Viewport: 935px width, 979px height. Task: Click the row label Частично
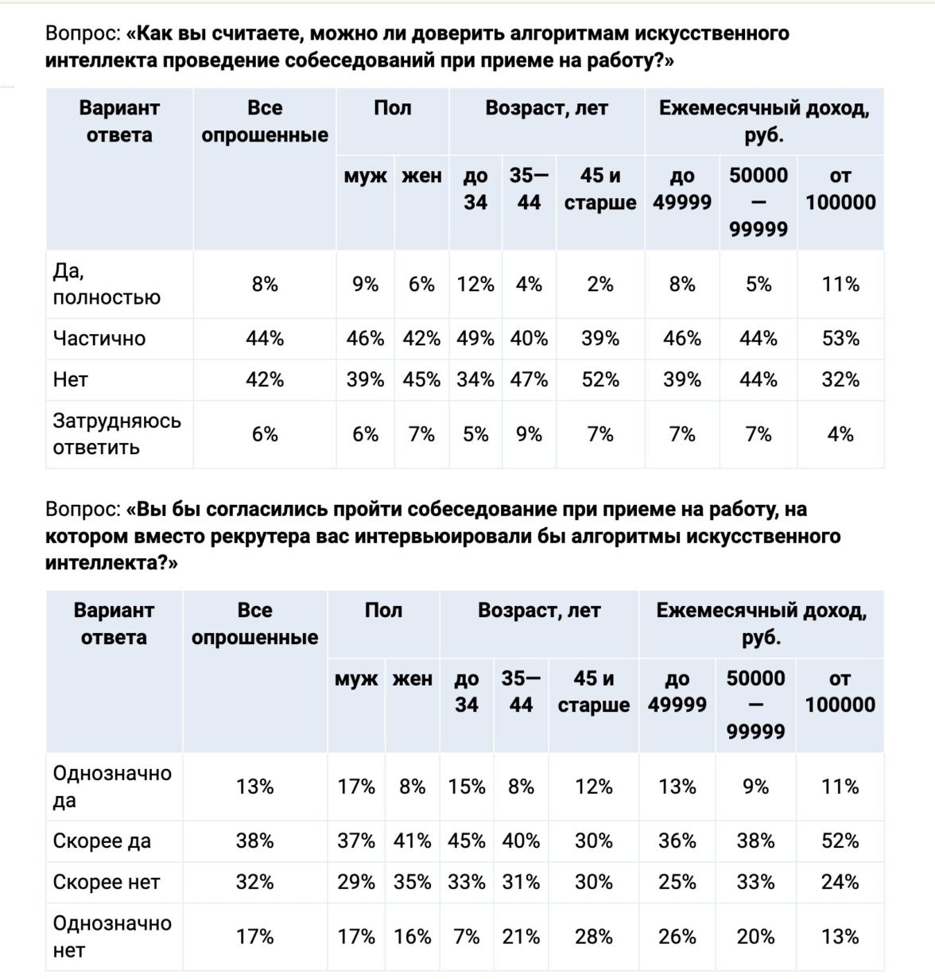[x=99, y=339]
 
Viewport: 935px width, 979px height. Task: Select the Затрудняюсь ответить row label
[x=117, y=434]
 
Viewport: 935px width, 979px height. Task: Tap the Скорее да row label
[x=102, y=841]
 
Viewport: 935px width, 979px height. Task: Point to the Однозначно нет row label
[x=112, y=937]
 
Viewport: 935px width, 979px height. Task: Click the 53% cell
[x=840, y=339]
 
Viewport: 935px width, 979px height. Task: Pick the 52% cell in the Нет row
[x=600, y=380]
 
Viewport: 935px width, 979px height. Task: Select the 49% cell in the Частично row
[x=475, y=339]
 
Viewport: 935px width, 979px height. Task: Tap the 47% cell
[x=529, y=380]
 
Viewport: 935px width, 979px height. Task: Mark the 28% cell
[x=593, y=937]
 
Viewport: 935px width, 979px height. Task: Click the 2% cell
[x=600, y=285]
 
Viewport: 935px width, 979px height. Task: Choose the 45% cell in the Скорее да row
[x=467, y=841]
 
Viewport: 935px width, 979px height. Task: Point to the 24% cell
[x=840, y=883]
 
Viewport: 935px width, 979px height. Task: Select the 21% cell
[x=521, y=937]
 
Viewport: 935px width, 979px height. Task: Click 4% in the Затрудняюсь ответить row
[x=840, y=434]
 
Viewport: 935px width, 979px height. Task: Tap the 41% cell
[x=412, y=841]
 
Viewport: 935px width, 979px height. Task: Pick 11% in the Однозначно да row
[x=840, y=787]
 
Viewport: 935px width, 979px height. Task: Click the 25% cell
[x=677, y=883]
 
